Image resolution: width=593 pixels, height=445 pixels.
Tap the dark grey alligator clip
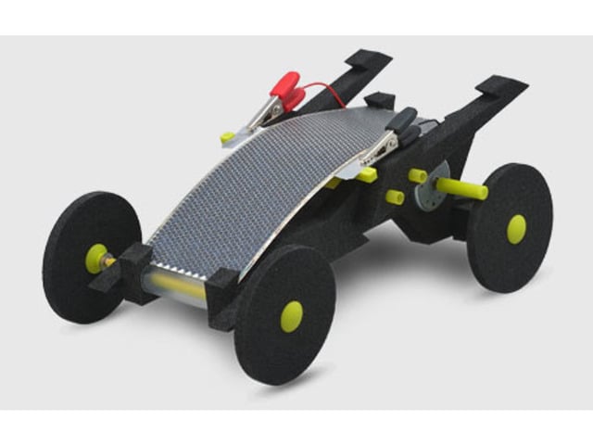pos(401,121)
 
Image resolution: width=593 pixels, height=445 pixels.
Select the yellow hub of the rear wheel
pos(516,228)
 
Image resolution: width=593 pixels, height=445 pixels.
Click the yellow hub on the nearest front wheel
pos(292,316)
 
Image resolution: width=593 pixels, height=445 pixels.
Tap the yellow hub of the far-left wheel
pos(95,257)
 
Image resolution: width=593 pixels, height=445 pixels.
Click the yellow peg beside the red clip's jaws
pos(227,137)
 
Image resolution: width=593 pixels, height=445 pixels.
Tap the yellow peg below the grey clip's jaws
pos(367,174)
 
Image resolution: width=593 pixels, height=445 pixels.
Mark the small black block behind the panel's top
pos(380,100)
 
